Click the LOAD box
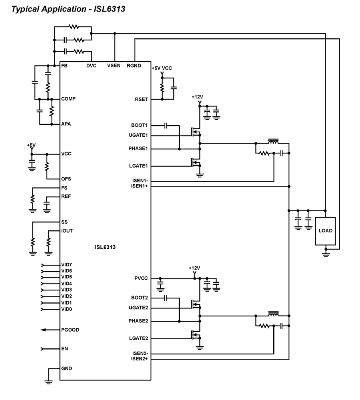click(x=325, y=231)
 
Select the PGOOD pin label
click(x=70, y=330)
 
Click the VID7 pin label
click(x=67, y=265)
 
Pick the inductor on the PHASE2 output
click(x=273, y=314)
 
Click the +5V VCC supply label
click(x=161, y=68)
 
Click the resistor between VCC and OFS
click(x=47, y=166)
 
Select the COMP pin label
click(x=69, y=99)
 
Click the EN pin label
click(x=65, y=349)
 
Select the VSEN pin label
click(x=114, y=66)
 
